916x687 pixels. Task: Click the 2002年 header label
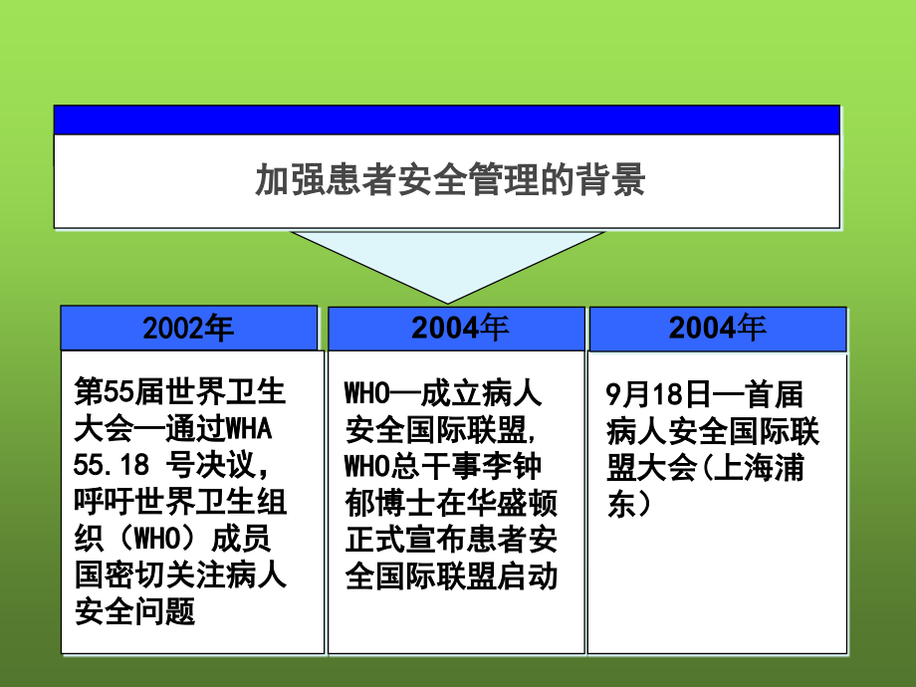[x=188, y=329]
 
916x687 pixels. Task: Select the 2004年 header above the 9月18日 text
[x=717, y=328]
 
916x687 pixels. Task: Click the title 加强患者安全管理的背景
[x=450, y=181]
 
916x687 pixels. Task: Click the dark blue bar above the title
[x=446, y=119]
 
